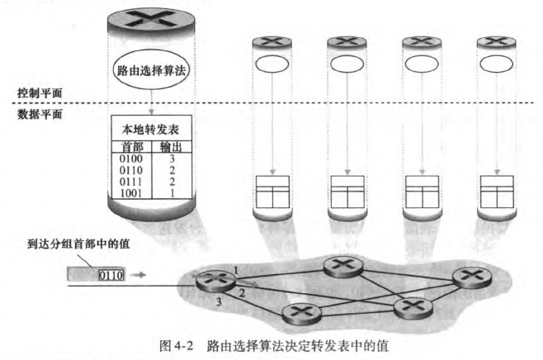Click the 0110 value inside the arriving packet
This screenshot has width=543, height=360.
[x=110, y=276]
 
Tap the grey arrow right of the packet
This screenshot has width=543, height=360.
[x=141, y=276]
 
